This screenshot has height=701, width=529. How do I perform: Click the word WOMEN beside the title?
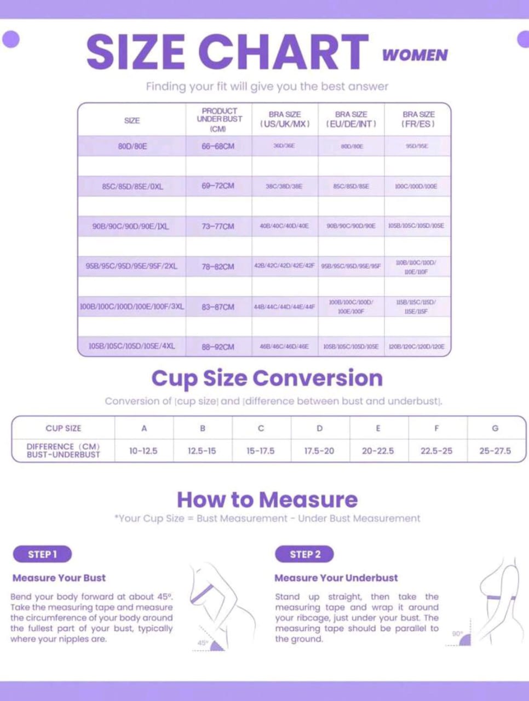(x=415, y=55)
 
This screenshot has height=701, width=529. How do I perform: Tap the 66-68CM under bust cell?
(x=218, y=146)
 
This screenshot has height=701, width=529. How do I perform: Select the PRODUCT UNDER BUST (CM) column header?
(x=219, y=119)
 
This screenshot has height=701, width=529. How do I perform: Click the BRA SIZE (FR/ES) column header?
(x=418, y=119)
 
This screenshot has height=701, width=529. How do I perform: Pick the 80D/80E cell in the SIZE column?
(x=133, y=146)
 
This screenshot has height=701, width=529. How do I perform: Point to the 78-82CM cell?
(x=218, y=267)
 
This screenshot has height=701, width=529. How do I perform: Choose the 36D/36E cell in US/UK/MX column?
(x=284, y=146)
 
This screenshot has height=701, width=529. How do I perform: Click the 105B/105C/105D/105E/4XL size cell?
(x=132, y=346)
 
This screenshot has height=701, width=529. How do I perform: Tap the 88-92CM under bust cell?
(x=218, y=347)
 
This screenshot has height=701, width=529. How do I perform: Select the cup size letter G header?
(x=495, y=428)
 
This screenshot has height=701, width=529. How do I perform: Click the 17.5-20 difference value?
(x=319, y=451)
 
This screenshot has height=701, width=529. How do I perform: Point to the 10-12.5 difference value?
(x=143, y=451)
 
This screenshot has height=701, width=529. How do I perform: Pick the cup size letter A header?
(x=144, y=428)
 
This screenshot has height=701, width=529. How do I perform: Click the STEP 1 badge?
(x=42, y=554)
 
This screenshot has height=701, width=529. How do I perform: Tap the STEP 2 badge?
(x=305, y=554)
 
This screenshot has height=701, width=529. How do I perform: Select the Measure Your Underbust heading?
(x=336, y=578)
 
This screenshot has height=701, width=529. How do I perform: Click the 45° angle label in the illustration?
(x=203, y=642)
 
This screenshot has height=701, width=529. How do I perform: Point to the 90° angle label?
(x=457, y=634)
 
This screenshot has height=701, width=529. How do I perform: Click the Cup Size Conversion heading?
(x=267, y=378)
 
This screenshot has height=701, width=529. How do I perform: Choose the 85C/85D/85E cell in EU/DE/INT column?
(x=351, y=186)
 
